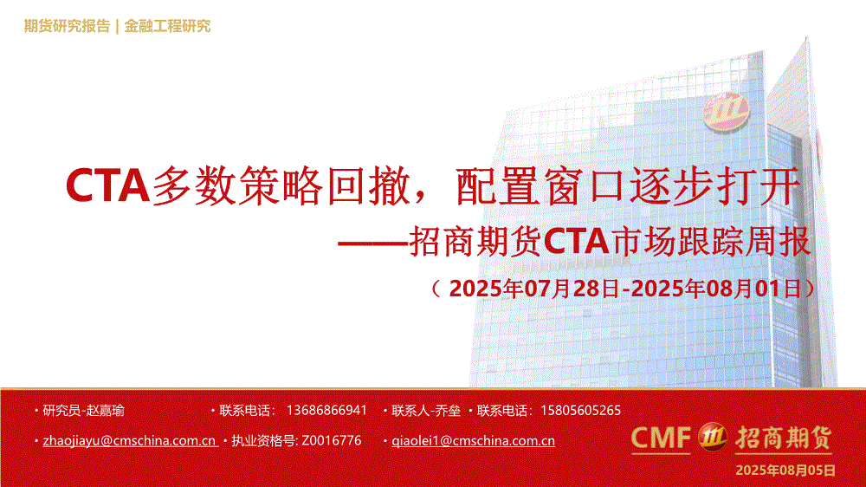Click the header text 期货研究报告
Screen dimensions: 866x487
(x=67, y=26)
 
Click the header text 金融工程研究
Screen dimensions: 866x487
(x=167, y=26)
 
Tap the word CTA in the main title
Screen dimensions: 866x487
(x=107, y=185)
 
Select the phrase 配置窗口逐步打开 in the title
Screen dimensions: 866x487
(x=627, y=185)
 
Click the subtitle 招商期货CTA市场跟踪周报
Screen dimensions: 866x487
(x=610, y=242)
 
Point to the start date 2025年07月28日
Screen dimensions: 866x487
(x=534, y=289)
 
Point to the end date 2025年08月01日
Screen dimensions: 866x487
(x=716, y=289)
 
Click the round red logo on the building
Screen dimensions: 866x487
(x=726, y=112)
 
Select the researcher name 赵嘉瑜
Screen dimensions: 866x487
(x=105, y=411)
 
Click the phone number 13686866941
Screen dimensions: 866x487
(x=326, y=411)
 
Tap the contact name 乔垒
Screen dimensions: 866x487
(x=448, y=411)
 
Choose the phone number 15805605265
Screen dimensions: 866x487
(x=580, y=411)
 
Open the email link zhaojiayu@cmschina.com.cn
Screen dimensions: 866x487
(x=129, y=441)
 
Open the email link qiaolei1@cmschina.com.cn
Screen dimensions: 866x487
(x=474, y=441)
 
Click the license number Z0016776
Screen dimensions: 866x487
(x=332, y=440)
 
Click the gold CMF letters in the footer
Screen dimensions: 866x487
(x=661, y=438)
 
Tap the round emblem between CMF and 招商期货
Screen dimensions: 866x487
(x=713, y=438)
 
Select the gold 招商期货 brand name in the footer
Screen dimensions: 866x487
(x=783, y=438)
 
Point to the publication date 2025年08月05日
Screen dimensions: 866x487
(x=785, y=471)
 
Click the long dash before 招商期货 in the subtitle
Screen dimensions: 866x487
(x=373, y=242)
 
